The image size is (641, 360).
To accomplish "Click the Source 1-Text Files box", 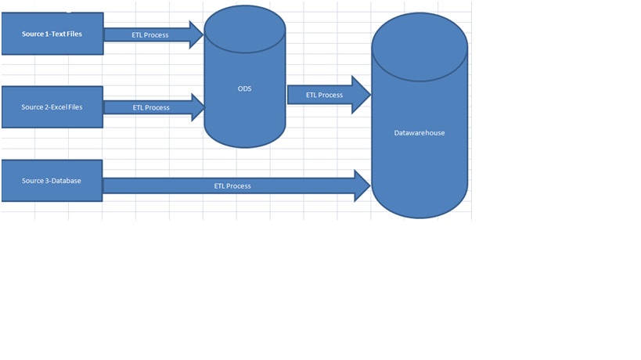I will click(x=52, y=34).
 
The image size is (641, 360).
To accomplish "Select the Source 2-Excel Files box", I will click(x=52, y=107).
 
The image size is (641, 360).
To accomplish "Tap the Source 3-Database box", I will click(x=52, y=181).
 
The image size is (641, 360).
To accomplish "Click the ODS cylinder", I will click(x=244, y=102).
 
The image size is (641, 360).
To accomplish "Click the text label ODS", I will click(x=245, y=88).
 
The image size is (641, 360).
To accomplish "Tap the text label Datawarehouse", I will click(x=420, y=133).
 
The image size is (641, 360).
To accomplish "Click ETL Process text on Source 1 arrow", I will click(x=150, y=35).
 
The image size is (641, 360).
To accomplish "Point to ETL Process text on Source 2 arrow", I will click(x=151, y=107).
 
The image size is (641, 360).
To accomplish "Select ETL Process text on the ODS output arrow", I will click(x=324, y=95).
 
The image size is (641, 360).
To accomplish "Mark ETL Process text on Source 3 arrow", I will click(x=232, y=186).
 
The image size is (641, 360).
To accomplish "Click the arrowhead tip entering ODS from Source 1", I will click(x=200, y=35).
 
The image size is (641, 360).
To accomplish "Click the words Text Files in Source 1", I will click(x=67, y=34).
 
